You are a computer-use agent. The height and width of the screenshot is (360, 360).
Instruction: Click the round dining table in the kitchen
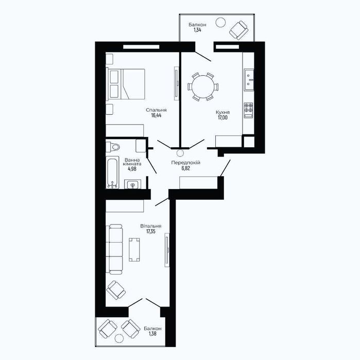[x=203, y=87]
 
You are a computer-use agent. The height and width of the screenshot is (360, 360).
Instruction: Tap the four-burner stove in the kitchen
[x=248, y=110]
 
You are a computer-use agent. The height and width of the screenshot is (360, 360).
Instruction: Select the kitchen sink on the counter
[x=249, y=80]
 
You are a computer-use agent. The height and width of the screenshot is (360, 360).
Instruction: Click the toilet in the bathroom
[x=113, y=146]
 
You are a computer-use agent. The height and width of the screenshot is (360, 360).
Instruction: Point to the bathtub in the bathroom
[x=112, y=172]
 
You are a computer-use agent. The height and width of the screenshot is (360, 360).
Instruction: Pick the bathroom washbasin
[x=132, y=184]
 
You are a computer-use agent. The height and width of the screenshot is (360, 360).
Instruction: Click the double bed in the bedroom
[x=125, y=84]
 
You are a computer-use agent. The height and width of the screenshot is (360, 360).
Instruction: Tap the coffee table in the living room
[x=134, y=250]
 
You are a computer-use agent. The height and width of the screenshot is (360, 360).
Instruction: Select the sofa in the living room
[x=114, y=249]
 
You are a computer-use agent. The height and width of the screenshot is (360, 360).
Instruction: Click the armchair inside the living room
[x=116, y=290]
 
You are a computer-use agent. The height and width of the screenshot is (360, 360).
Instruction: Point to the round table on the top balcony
[x=220, y=23]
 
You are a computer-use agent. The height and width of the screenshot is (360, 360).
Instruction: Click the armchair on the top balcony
[x=239, y=30]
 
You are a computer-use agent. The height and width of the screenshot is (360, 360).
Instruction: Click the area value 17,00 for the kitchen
[x=222, y=118]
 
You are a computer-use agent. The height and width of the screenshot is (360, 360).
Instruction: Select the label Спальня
[x=156, y=110]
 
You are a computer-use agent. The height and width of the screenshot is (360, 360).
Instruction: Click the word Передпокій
[x=186, y=163]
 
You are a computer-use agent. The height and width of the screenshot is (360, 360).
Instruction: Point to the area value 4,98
[x=132, y=169]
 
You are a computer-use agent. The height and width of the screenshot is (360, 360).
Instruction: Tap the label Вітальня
[x=151, y=226]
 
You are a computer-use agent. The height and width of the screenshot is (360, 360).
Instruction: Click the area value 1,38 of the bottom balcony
[x=152, y=334]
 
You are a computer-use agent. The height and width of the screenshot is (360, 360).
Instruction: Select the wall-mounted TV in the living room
[x=167, y=250]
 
